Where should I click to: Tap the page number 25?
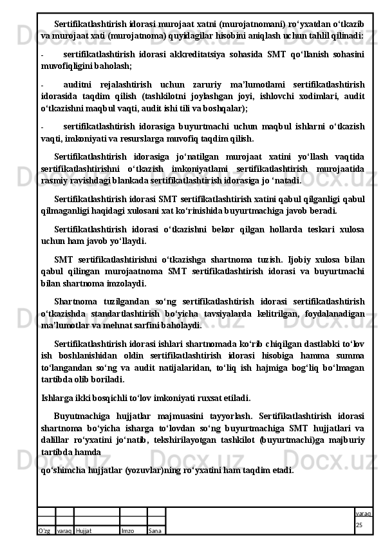[359, 527]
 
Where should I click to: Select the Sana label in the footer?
[154, 530]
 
